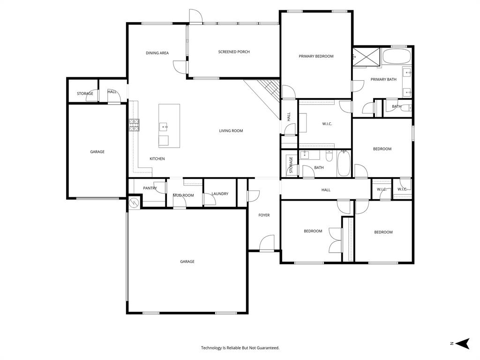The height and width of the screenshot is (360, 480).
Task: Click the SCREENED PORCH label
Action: point(234,52)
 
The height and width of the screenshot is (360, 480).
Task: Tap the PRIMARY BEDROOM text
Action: point(316,56)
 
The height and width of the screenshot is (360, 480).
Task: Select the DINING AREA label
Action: point(157,53)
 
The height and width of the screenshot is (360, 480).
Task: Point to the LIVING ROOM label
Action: point(231,131)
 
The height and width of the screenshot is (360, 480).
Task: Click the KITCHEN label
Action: point(157,159)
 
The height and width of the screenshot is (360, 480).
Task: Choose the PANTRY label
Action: point(150,188)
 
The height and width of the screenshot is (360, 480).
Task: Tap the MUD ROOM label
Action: point(183,195)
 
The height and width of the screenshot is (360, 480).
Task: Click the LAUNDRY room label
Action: point(220,194)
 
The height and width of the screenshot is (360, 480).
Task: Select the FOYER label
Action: point(264,215)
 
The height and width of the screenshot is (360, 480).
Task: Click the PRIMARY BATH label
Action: point(383,80)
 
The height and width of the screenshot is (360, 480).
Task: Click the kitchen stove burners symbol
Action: point(134,124)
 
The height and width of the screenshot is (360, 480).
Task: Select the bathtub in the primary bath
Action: point(396,57)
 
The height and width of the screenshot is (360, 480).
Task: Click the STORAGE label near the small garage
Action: point(85,94)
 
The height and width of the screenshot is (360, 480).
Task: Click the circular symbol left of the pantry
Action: point(134,202)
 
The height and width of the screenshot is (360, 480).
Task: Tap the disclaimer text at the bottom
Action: point(240,348)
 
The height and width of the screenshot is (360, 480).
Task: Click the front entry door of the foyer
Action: point(267,243)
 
